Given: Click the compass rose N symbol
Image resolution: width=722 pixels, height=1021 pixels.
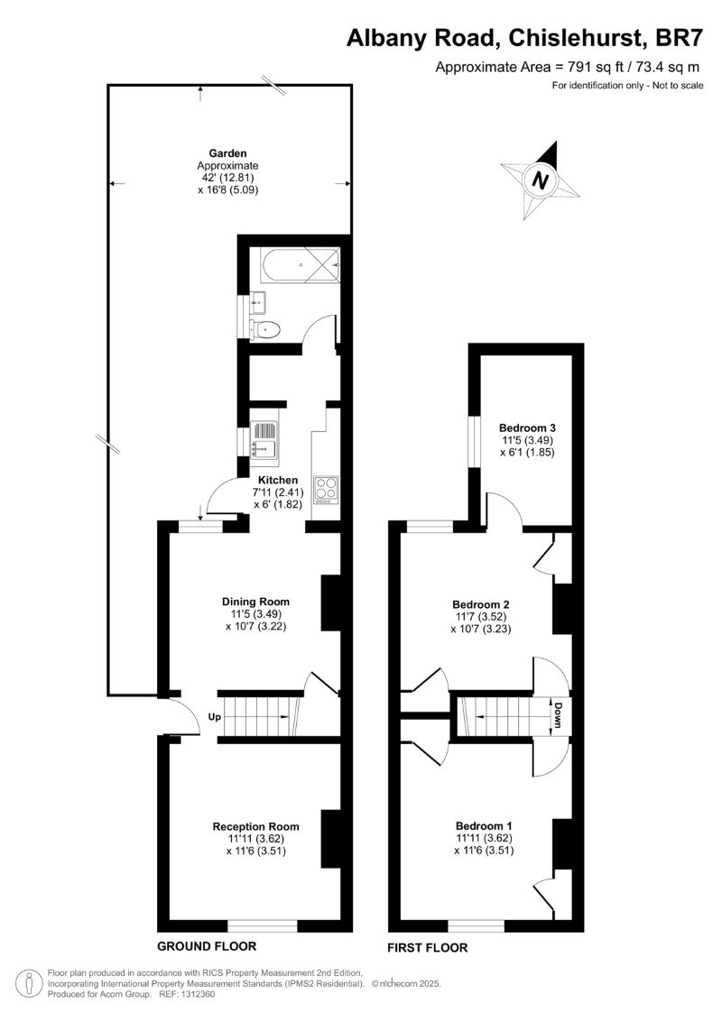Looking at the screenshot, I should point(541,179).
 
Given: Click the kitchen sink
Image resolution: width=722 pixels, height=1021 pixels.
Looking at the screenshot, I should point(267,438).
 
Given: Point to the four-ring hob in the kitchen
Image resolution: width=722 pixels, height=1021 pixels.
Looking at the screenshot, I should point(325,488).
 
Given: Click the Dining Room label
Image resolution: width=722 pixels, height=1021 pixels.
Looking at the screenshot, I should point(255,602).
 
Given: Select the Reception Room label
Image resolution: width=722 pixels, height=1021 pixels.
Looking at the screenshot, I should point(255,826).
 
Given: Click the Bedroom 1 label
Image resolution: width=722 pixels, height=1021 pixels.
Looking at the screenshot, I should point(484,826).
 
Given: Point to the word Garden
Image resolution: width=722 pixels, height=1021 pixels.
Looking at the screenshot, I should point(227,153).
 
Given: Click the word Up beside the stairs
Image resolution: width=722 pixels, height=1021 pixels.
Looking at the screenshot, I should point(215,718).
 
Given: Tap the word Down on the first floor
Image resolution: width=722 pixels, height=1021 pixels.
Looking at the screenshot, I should point(559,714).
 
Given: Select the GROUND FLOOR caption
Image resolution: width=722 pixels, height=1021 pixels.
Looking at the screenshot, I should point(207,946).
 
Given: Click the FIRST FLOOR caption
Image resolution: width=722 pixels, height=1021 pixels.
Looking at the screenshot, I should point(427,948).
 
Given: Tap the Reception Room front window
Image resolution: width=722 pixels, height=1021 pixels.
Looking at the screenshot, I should point(262,925).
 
